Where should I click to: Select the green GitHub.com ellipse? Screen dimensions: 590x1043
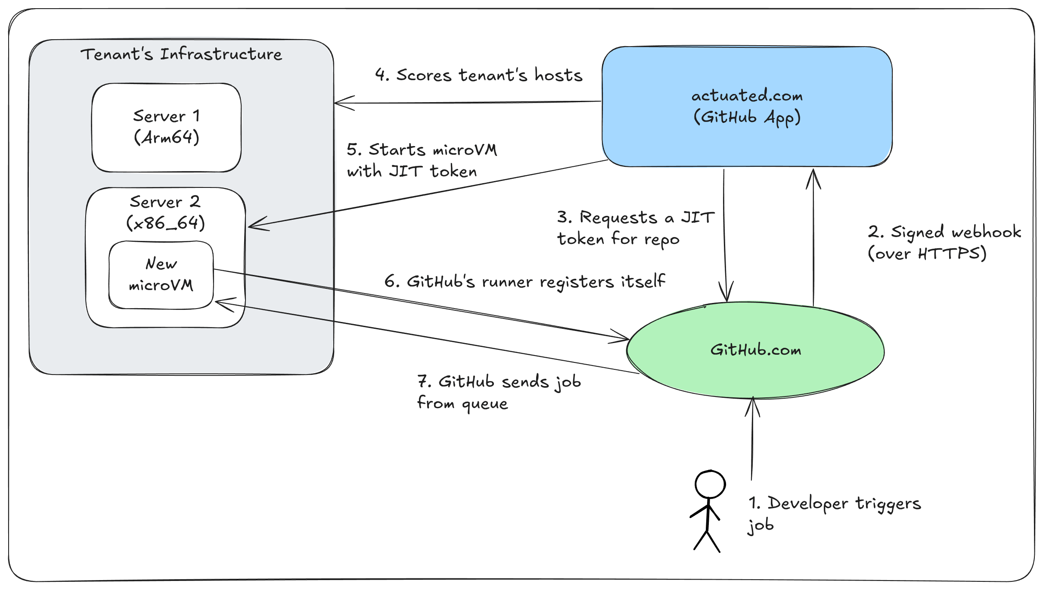tap(755, 350)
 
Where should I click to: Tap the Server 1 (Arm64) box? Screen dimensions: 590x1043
tap(166, 128)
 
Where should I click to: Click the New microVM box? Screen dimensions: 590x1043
tap(161, 275)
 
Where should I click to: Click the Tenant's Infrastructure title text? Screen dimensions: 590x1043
tap(181, 55)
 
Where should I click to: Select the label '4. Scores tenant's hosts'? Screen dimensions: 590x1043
tap(478, 75)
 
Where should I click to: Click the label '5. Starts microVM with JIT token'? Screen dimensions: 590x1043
tap(421, 160)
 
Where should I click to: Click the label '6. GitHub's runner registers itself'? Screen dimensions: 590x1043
tap(524, 281)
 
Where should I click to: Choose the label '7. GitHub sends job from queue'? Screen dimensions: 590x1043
tap(498, 392)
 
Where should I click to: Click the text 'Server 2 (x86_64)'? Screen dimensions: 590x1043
tap(165, 212)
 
